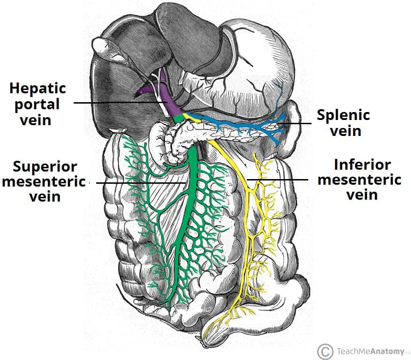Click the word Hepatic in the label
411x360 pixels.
38,88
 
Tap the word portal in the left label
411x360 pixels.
38,104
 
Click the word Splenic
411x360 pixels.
343,115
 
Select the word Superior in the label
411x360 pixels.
45,166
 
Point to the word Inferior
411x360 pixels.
362,165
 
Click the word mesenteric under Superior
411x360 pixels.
44,181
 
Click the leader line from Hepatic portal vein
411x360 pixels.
117,103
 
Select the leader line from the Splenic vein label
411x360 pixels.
293,124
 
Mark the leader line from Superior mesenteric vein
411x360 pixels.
141,182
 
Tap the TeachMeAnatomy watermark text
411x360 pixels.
368,352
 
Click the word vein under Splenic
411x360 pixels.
345,130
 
